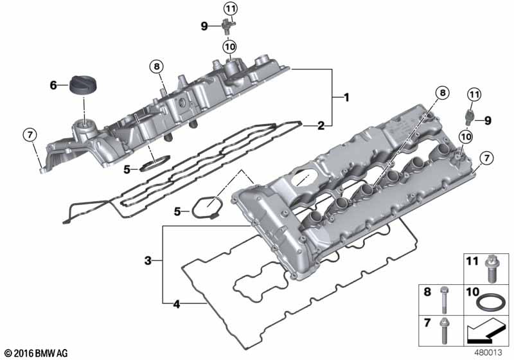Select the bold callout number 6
tap(53, 85)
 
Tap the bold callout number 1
tap(346, 97)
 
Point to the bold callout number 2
tap(321, 125)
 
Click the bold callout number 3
tap(148, 261)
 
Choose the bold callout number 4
tap(177, 304)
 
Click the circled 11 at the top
tap(231, 9)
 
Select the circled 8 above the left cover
tap(157, 67)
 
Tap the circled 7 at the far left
tap(30, 135)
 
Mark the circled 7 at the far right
tap(486, 158)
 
